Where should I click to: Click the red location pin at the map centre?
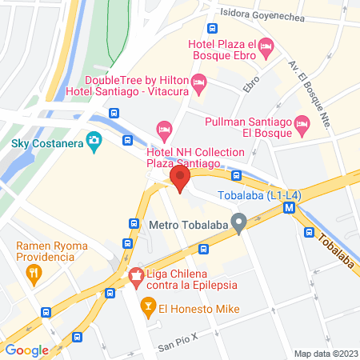coord(180,178)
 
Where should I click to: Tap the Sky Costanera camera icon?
coord(94,143)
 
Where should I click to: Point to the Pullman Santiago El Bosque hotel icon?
coord(302,124)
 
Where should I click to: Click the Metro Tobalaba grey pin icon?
coord(238,223)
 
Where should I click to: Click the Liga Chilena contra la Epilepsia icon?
coord(135,276)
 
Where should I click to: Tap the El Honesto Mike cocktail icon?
coord(147,306)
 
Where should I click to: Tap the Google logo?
coord(26,350)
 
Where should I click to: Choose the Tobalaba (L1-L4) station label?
coord(248,196)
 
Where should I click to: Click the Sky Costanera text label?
coord(46,144)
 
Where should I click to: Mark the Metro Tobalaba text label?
coord(187,225)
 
